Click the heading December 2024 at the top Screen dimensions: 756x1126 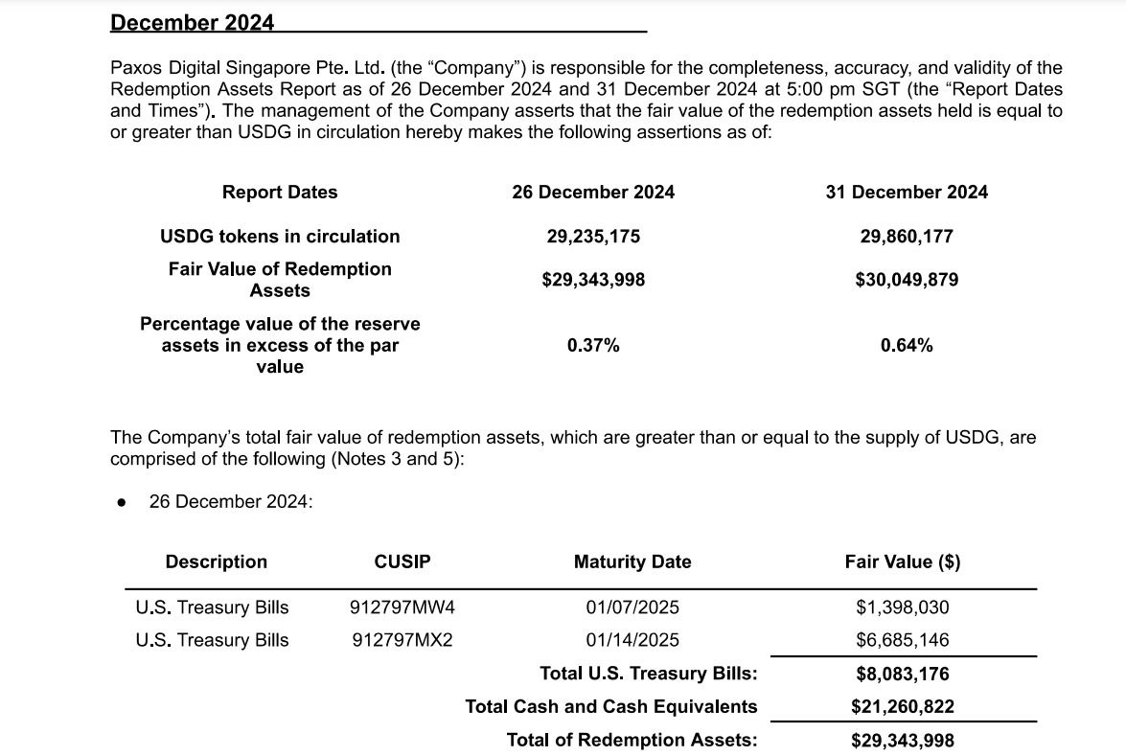(192, 22)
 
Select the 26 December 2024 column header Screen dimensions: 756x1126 (593, 192)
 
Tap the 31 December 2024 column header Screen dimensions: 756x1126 (907, 192)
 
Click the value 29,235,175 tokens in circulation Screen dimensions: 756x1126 (593, 236)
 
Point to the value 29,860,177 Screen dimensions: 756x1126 (907, 236)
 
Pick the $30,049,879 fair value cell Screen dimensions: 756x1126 (907, 280)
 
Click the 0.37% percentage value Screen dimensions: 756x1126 (593, 345)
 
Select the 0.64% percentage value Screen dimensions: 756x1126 (907, 345)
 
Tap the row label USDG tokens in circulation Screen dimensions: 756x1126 (280, 236)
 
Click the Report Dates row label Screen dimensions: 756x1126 (280, 192)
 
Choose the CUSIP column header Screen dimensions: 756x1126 (402, 561)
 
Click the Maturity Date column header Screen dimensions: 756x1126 (632, 561)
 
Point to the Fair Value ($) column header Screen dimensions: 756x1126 (903, 561)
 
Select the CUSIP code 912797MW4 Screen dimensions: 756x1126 (402, 607)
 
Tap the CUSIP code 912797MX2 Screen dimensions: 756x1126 (402, 640)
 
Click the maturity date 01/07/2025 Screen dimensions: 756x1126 (632, 607)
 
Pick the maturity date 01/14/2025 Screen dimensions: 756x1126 (632, 640)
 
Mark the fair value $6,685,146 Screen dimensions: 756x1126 (903, 640)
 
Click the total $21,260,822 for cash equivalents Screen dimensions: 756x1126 (903, 706)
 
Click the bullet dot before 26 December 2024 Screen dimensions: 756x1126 (121, 502)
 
